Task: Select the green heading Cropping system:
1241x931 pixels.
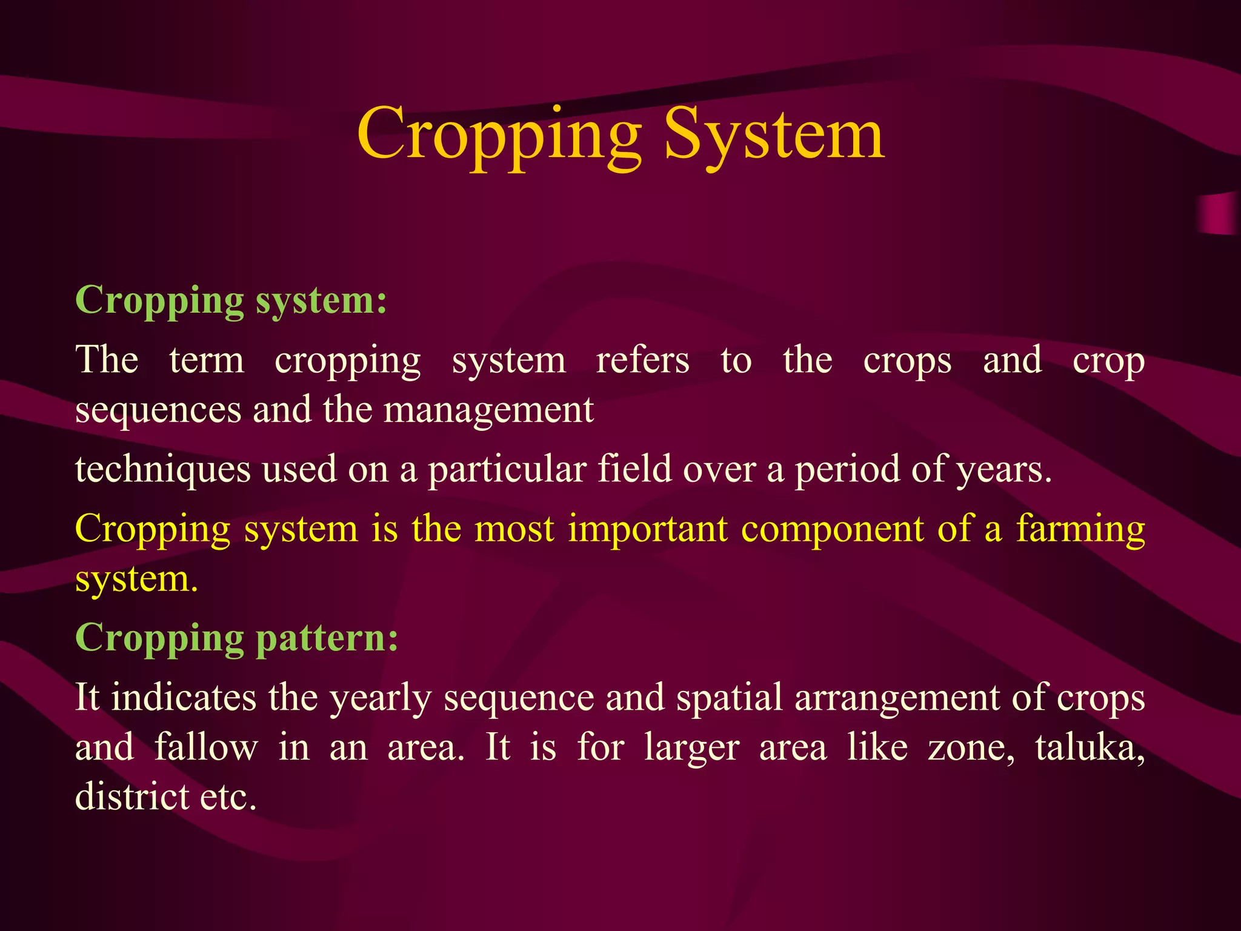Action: click(x=231, y=300)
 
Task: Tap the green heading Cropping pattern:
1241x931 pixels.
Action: click(x=237, y=638)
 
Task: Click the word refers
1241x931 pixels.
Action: click(x=642, y=360)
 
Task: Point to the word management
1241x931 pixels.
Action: click(x=488, y=410)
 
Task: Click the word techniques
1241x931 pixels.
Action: click(x=163, y=470)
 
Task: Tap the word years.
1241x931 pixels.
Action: click(x=1003, y=470)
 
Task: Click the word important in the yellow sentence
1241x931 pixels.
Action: click(x=647, y=529)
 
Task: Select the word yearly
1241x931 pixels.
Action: click(x=380, y=698)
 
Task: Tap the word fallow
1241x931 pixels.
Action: click(x=206, y=747)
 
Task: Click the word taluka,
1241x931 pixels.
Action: click(x=1090, y=747)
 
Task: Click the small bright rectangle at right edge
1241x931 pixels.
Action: click(x=1218, y=214)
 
